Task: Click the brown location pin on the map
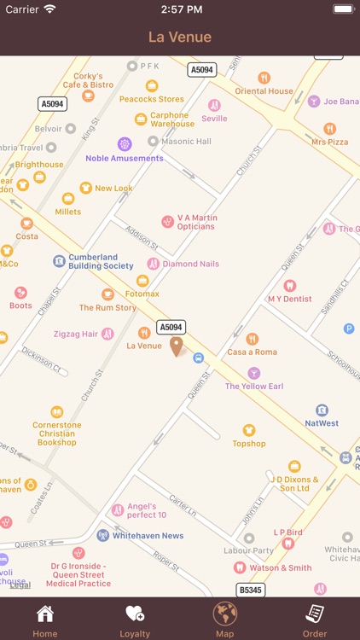coord(177,346)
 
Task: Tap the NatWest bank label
coord(322,423)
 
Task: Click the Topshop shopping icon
coord(249,430)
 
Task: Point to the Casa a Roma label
coord(252,352)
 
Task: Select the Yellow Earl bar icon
coord(254,373)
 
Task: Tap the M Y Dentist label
coord(289,299)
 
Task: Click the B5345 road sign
coord(249,590)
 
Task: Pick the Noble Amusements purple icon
coord(125,143)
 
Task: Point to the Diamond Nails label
coord(190,264)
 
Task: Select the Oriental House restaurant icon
coord(264,78)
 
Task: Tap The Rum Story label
coord(107,307)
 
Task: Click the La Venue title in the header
coord(180,37)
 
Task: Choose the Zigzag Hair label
coord(76,334)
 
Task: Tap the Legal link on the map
coord(20,585)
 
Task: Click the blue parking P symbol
coord(348,329)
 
